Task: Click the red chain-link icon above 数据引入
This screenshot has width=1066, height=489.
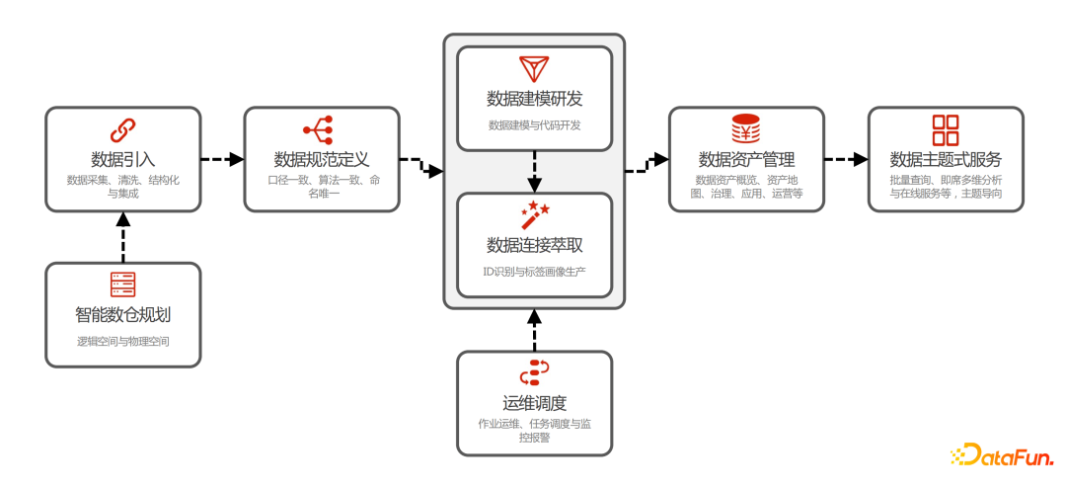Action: point(122,129)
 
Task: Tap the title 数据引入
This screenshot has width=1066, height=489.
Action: point(123,159)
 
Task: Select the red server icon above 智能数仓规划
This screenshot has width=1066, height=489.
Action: point(122,285)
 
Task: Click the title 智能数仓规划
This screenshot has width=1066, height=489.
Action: point(123,316)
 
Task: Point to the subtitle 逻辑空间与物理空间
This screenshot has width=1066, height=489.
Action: point(123,341)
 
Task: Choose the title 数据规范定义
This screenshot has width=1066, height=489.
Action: point(321,159)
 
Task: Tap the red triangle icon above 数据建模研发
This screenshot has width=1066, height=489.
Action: point(534,69)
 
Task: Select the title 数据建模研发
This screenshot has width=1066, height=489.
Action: point(534,99)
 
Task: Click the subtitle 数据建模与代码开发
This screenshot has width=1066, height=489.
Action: point(534,125)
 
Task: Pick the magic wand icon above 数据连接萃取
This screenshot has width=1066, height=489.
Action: point(534,212)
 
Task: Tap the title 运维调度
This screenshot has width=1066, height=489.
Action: point(534,403)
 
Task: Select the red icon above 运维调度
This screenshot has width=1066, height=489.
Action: point(534,372)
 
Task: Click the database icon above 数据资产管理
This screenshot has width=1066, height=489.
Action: point(746,129)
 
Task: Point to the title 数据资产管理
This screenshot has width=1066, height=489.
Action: point(746,159)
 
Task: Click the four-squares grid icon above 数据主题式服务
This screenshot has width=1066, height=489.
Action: point(946,129)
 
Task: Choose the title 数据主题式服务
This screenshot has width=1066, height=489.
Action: point(946,159)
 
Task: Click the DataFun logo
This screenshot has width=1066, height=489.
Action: point(1002,455)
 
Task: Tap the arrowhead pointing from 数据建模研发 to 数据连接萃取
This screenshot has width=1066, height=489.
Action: point(534,185)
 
